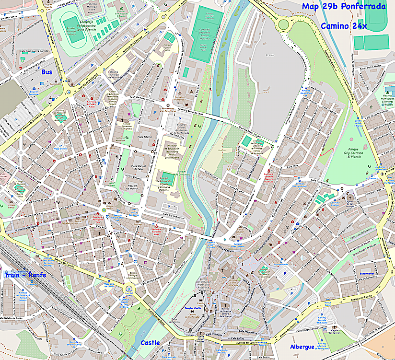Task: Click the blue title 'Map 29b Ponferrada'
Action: click(x=344, y=7)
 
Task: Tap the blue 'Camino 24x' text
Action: click(x=344, y=26)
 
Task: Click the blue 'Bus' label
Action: click(x=46, y=72)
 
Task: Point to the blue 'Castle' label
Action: click(x=150, y=343)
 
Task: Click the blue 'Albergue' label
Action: click(x=302, y=347)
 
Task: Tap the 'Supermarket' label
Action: click(x=366, y=273)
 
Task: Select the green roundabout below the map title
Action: click(x=283, y=24)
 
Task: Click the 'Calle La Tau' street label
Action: click(x=234, y=339)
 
